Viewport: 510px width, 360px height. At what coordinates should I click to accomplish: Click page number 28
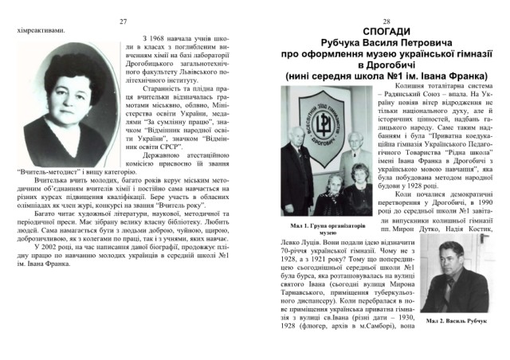385,22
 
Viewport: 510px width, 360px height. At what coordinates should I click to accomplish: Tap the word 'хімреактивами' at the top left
39,30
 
